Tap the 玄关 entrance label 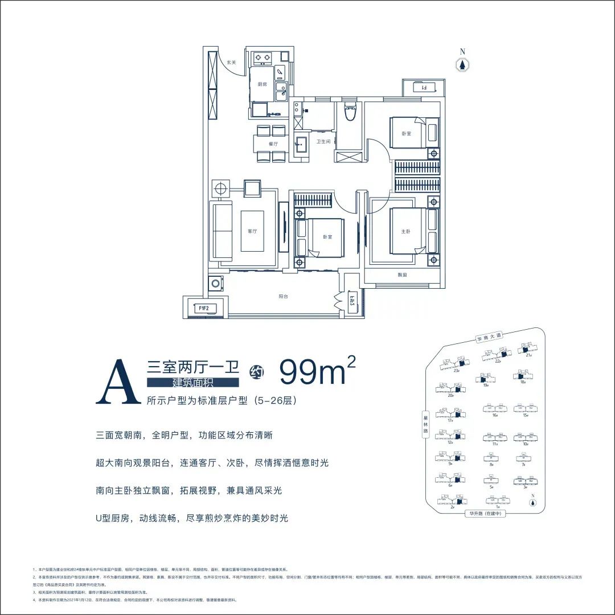click(x=232, y=63)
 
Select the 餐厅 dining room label click(x=273, y=144)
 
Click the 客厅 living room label click(x=253, y=231)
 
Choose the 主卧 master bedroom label click(x=405, y=231)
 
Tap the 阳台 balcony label click(x=283, y=297)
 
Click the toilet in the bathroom click(x=349, y=113)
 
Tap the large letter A click(x=118, y=381)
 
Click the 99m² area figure click(x=317, y=373)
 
